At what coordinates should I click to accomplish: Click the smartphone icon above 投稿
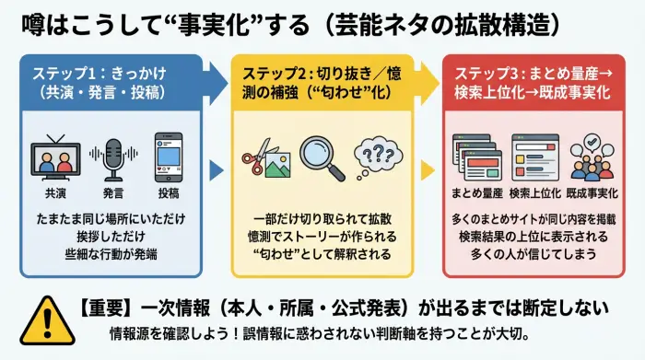169,157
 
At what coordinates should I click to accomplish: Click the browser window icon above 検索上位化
533,158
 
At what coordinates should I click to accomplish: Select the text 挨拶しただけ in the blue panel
111,236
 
